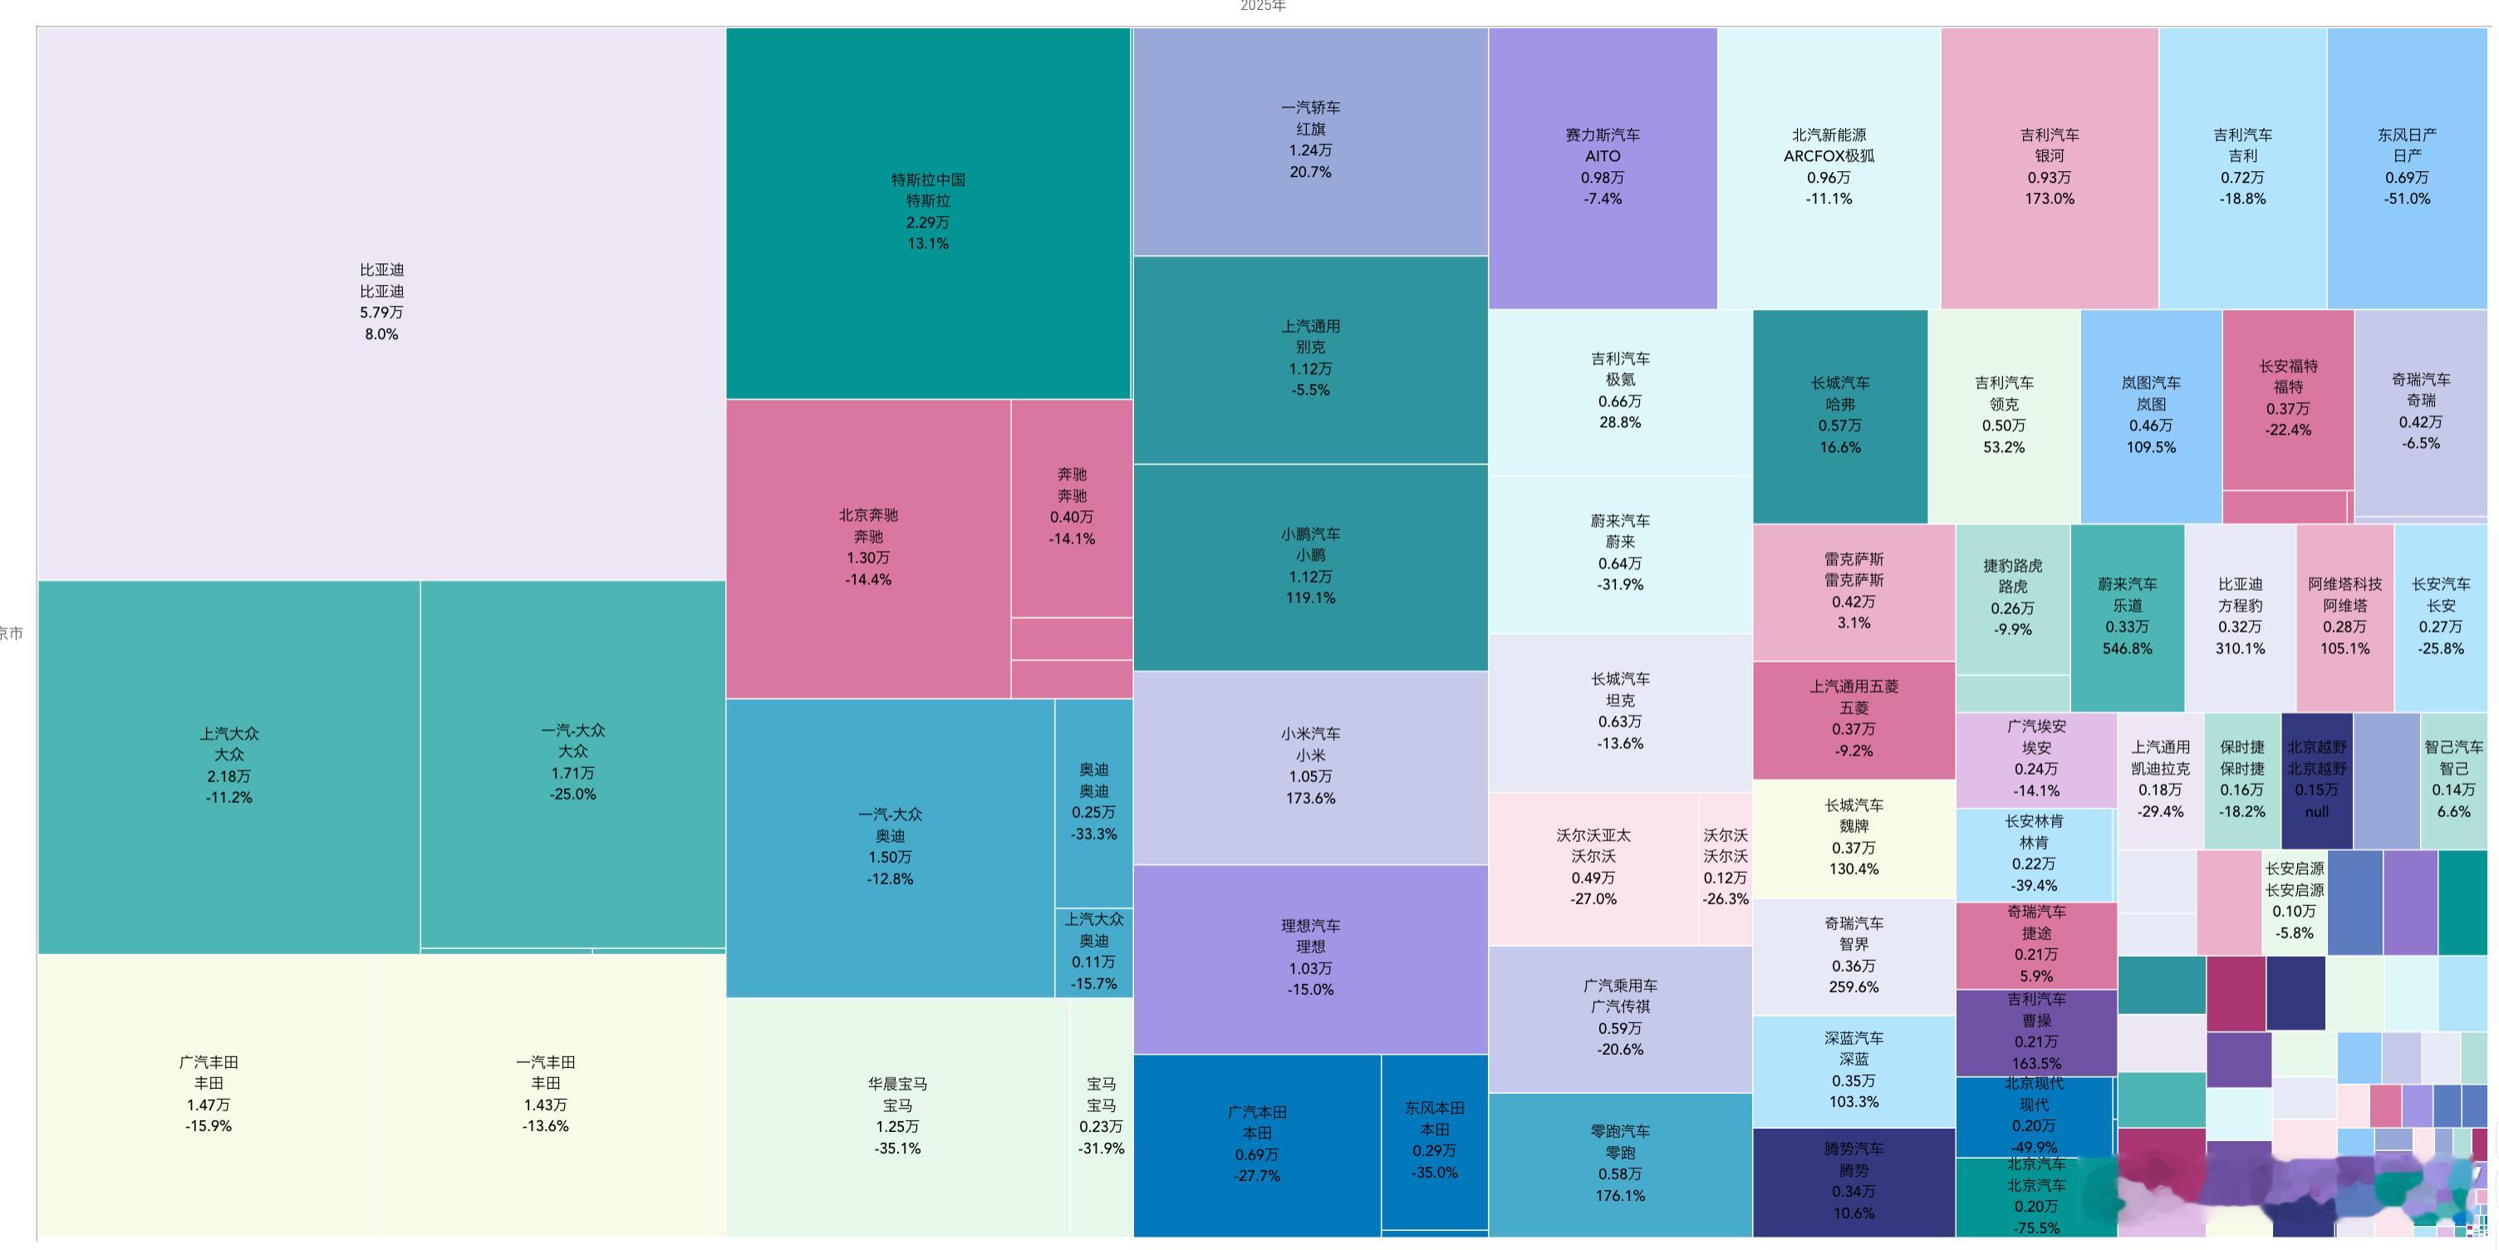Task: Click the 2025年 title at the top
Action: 1262,7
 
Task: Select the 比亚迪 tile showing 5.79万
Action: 381,302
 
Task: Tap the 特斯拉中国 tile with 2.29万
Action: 927,212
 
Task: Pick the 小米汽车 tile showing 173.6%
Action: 1309,765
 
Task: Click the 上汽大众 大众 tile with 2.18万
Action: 229,765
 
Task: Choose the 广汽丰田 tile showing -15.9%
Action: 209,1094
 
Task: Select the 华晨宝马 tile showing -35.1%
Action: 896,1115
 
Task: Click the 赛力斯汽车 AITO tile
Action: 1602,167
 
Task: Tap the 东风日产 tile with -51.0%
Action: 2407,167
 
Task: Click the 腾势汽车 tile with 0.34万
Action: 1853,1180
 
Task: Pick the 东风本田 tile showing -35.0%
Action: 1434,1139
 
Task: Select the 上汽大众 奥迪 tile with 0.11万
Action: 1093,951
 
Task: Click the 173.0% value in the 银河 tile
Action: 2049,199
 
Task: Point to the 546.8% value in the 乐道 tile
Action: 2127,648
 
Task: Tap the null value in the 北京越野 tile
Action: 2316,811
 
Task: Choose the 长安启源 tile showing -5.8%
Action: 2295,901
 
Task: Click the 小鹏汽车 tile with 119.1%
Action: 1309,566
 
